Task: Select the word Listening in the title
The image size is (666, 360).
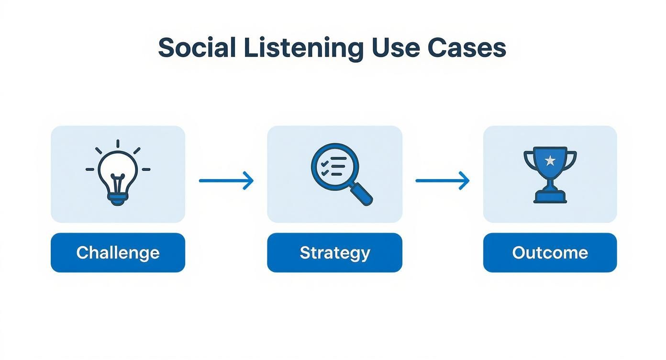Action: click(x=303, y=49)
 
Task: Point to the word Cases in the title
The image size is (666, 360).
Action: click(x=467, y=48)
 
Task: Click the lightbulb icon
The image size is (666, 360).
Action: click(x=118, y=172)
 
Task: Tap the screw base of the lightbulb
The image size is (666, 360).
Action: click(x=118, y=199)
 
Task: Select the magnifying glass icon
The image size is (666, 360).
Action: click(x=342, y=174)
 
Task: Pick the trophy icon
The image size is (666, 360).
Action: click(x=550, y=175)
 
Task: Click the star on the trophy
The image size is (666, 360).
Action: click(x=550, y=161)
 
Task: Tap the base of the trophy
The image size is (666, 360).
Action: click(x=550, y=197)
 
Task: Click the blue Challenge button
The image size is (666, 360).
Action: click(x=118, y=253)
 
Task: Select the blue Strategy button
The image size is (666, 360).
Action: click(x=335, y=253)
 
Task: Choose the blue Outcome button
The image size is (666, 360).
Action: click(x=550, y=253)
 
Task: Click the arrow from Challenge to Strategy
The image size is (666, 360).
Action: click(x=226, y=180)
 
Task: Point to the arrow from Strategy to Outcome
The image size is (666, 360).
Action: click(x=443, y=180)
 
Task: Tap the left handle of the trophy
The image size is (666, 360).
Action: click(x=530, y=161)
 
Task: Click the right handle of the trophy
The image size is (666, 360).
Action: click(x=570, y=161)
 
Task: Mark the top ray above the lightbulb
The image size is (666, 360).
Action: click(x=118, y=144)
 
